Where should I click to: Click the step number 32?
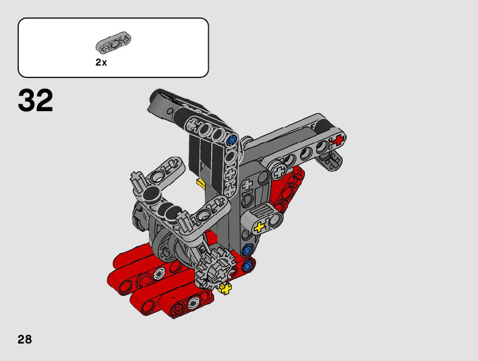coord(36,100)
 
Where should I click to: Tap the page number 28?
coord(25,339)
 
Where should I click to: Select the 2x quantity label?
coord(101,62)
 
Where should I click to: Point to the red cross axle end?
coord(338,140)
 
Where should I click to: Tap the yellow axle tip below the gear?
coord(226,288)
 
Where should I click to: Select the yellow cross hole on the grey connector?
coord(259,227)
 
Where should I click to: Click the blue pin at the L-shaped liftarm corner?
coord(232,139)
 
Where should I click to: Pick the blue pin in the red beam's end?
coord(247,265)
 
